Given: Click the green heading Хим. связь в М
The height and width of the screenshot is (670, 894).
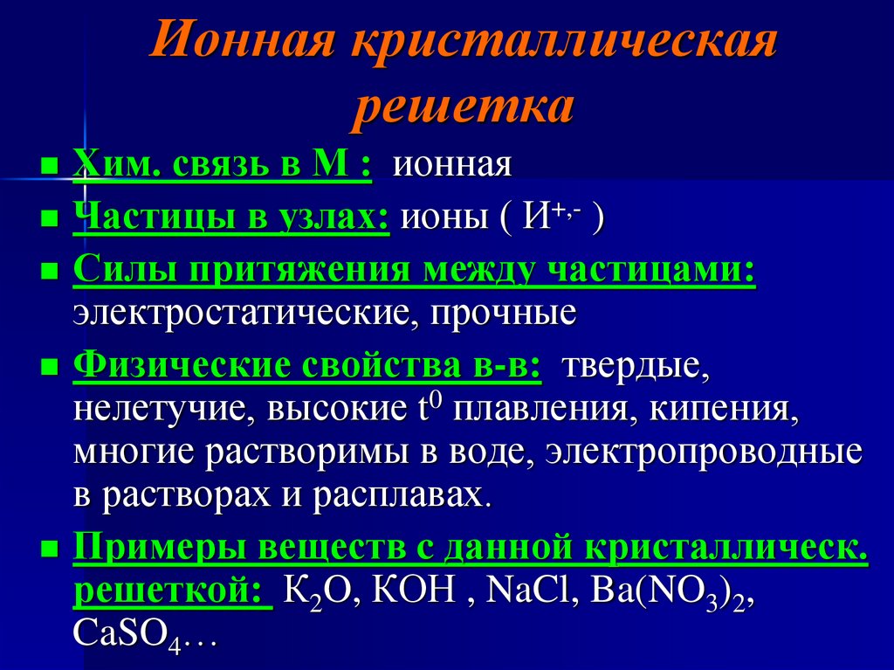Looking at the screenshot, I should click(223, 164).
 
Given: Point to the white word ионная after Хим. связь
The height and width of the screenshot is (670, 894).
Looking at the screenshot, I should click(451, 165).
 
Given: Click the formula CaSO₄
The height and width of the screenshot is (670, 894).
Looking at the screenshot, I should click(127, 633).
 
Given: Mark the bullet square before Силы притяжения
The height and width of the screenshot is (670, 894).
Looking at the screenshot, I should click(50, 272).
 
